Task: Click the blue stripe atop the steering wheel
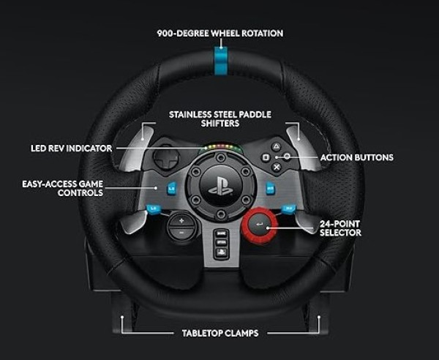pos(220,57)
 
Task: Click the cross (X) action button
pos(277,167)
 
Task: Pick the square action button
pos(266,157)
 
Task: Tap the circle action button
pos(288,157)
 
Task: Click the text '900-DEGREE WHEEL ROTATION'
pos(219,33)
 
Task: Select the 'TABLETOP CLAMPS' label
pos(219,333)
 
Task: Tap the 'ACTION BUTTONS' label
pos(356,157)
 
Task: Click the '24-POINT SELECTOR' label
pos(340,228)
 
